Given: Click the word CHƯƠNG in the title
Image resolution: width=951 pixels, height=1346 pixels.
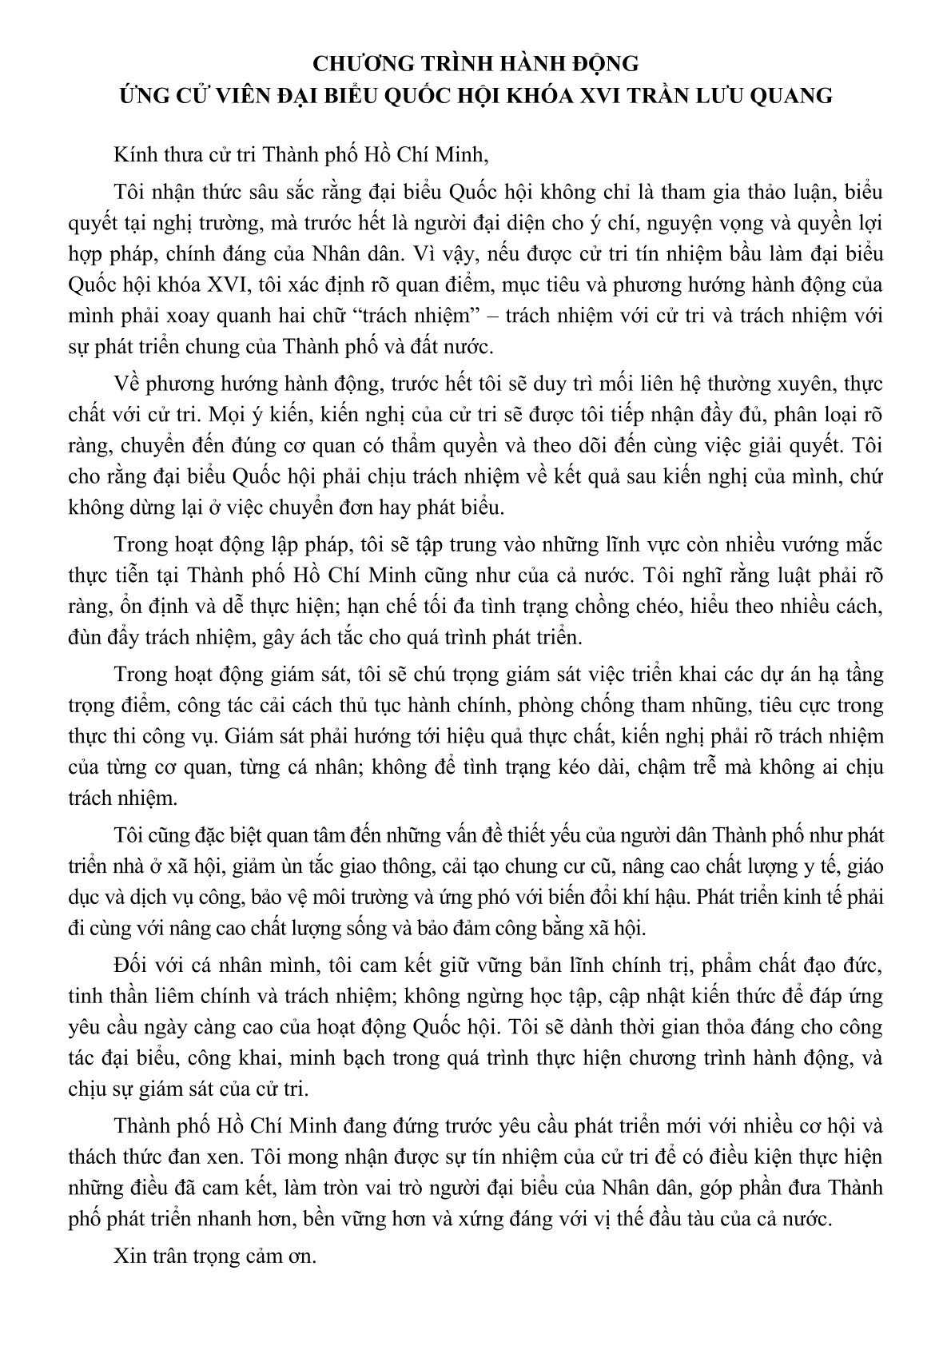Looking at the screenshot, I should (350, 62).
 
